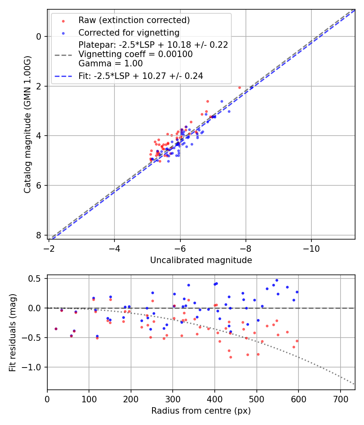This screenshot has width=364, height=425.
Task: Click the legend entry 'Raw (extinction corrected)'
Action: click(134, 20)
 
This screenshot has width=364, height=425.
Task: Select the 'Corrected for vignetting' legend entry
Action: click(129, 32)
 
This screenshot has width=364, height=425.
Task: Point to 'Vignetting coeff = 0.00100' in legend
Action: click(135, 54)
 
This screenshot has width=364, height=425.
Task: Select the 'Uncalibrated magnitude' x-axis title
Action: click(201, 260)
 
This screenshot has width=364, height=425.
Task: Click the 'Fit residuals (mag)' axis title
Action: click(13, 332)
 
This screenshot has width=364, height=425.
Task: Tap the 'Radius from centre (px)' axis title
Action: click(201, 411)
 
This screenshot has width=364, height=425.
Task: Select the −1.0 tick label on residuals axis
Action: click(34, 367)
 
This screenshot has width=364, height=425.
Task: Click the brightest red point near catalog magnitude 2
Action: click(239, 87)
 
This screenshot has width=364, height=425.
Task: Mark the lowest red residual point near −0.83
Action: click(231, 357)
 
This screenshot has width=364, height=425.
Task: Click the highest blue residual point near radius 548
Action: click(277, 280)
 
